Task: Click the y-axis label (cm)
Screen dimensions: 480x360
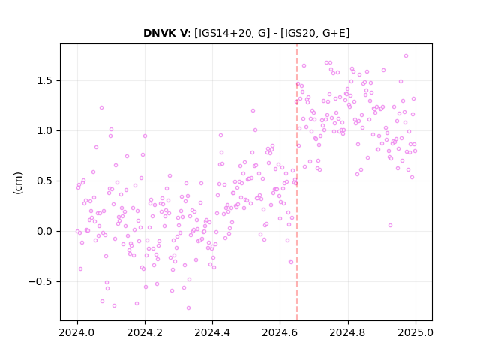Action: (18, 183)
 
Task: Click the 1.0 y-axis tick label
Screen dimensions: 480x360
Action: (45, 131)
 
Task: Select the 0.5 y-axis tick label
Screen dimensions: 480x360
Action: (45, 181)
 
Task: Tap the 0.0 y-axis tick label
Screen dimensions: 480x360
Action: (45, 232)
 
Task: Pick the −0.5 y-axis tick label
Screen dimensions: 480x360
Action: (41, 282)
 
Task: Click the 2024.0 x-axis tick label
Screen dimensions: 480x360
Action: (77, 332)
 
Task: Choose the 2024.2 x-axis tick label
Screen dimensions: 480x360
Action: (145, 332)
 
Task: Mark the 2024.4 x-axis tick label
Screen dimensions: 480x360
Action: (212, 332)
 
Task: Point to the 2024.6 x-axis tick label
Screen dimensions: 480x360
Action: (280, 332)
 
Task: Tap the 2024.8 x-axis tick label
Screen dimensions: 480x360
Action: (348, 332)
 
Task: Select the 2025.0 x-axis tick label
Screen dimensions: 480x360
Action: (415, 332)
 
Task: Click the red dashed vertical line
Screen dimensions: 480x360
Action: (297, 182)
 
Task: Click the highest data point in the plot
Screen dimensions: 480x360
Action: (406, 56)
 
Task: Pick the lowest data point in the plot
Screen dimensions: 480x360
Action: (188, 308)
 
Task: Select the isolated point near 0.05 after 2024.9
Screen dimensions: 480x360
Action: (390, 226)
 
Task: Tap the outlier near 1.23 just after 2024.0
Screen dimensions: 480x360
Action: (102, 108)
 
